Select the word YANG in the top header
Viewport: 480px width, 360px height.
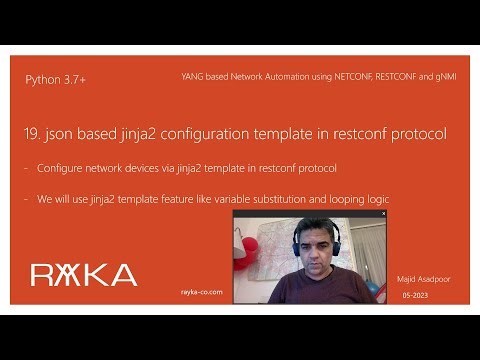[194, 76]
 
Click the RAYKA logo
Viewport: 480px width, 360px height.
[83, 274]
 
